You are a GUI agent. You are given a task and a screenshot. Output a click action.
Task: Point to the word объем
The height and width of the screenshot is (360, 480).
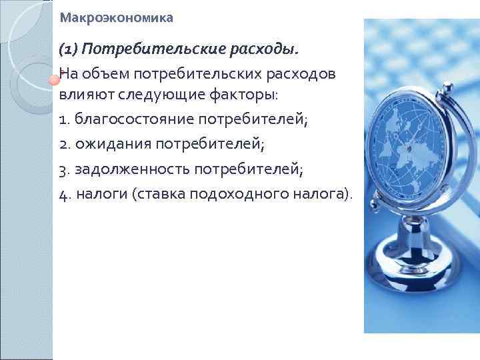(x=108, y=73)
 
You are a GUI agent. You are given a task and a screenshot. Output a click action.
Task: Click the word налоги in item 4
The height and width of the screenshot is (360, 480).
(x=101, y=193)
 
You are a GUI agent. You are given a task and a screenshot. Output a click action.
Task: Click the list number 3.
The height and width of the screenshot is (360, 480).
(x=62, y=169)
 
